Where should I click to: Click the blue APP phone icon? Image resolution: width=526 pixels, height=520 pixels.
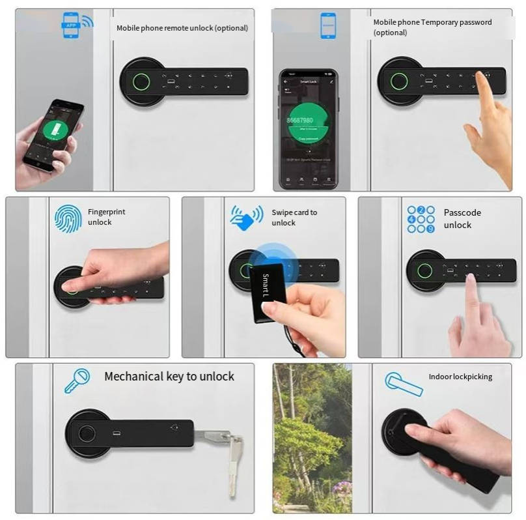click(76, 25)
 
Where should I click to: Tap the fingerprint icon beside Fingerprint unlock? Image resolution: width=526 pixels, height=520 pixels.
click(68, 218)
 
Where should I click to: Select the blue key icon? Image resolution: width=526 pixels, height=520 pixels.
click(77, 381)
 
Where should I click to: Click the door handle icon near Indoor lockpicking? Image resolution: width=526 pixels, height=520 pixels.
click(403, 384)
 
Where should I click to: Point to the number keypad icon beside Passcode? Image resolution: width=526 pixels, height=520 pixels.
click(421, 219)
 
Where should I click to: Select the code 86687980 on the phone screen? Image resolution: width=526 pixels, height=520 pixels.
click(300, 121)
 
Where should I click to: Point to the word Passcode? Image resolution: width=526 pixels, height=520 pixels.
click(462, 212)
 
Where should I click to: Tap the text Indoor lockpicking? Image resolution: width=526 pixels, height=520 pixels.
click(460, 377)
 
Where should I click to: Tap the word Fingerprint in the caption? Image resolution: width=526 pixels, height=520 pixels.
click(107, 212)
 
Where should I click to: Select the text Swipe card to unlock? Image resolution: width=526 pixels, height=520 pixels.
click(294, 218)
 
